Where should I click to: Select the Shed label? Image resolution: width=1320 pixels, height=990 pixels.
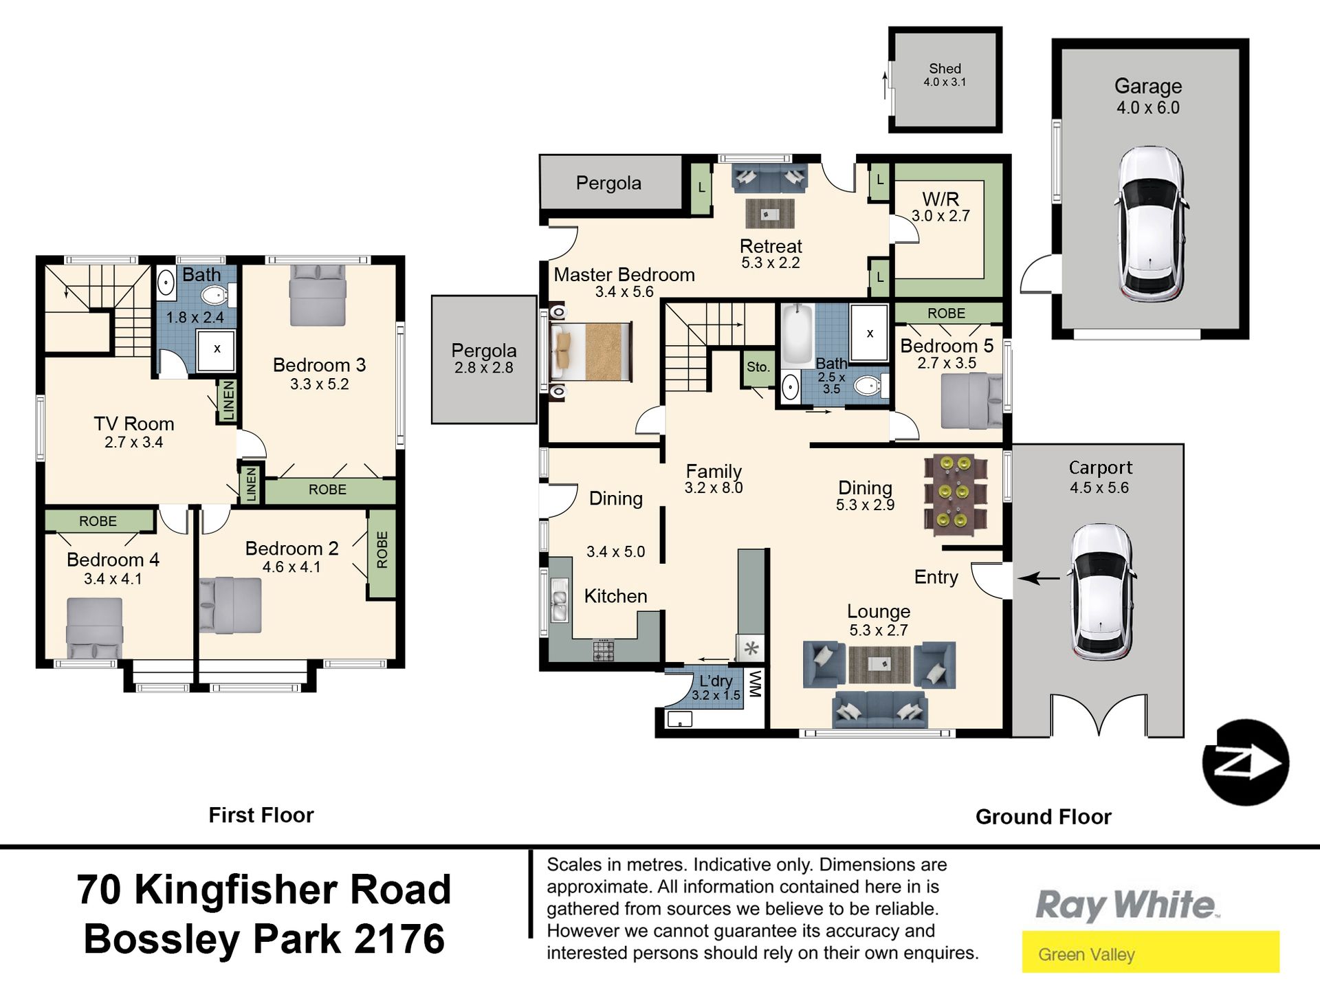point(945,69)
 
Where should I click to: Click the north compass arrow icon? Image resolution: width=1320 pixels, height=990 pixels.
point(1245,762)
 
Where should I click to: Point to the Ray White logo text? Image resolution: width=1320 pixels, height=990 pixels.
point(1127,905)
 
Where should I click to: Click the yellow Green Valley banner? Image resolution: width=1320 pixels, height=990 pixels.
point(1150,952)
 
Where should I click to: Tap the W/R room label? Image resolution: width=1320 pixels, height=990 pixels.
point(940,199)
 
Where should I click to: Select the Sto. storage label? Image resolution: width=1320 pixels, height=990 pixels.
point(758,367)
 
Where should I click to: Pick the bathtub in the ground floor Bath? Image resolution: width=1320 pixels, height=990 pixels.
point(797,336)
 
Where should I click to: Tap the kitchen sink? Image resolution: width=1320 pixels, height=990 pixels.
point(560,600)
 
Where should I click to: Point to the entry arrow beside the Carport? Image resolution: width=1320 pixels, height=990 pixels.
point(1039,579)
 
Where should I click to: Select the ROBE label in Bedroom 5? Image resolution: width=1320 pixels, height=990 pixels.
point(946,313)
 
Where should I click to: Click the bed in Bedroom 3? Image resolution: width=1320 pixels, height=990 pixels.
point(317,295)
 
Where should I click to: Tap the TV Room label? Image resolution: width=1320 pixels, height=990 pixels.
point(134,423)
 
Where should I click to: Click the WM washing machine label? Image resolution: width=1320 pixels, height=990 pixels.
point(755,685)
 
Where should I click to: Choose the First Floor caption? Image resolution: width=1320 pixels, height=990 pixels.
point(261,815)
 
